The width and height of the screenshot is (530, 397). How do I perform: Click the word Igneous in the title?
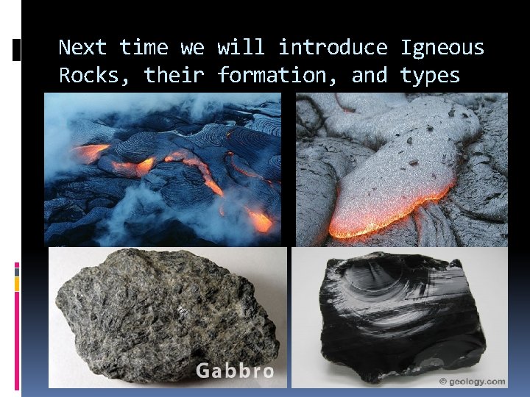tap(442, 49)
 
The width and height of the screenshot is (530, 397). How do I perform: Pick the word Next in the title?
tap(82, 48)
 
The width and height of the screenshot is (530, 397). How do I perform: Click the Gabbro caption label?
tap(235, 371)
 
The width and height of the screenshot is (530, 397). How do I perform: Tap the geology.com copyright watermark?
tap(472, 381)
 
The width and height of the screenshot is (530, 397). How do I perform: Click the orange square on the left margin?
tap(17, 284)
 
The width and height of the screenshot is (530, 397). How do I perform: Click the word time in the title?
tap(144, 48)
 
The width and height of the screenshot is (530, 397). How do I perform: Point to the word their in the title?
tap(174, 76)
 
